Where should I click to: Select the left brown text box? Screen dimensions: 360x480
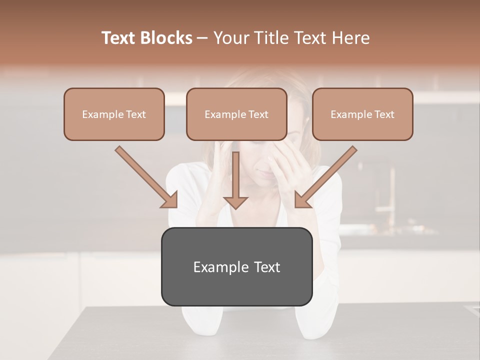(x=114, y=114)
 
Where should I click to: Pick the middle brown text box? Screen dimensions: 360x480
(x=236, y=114)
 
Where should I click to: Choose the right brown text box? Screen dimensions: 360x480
(x=362, y=114)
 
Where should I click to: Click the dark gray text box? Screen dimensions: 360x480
(x=236, y=266)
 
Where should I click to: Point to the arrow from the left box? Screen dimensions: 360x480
(x=147, y=177)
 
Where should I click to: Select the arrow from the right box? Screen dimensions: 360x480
(x=325, y=177)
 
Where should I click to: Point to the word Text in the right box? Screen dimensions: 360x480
(x=384, y=114)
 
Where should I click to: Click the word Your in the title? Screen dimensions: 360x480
(x=230, y=38)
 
